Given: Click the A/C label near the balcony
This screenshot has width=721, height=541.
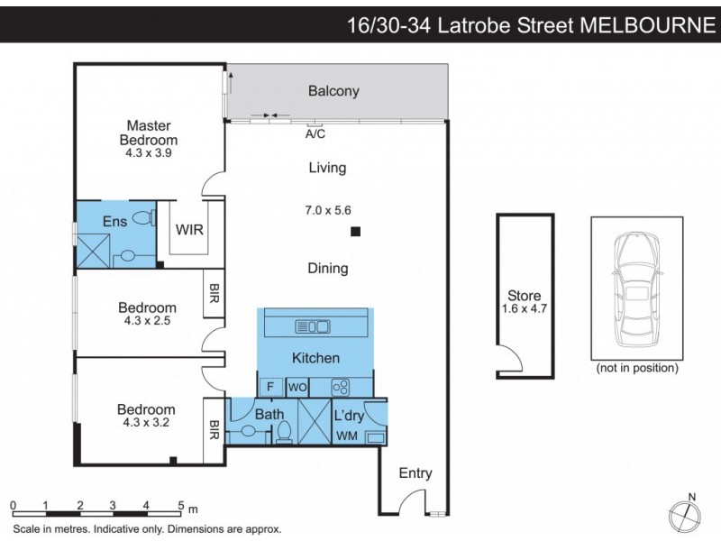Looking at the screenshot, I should pos(315,134).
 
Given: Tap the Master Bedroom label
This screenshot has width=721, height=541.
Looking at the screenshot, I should pos(149,133).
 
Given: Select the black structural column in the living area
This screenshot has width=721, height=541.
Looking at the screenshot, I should pos(356,233).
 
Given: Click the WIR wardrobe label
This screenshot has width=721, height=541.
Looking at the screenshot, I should pos(190,230).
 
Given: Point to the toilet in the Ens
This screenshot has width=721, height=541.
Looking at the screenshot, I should pos(142,216).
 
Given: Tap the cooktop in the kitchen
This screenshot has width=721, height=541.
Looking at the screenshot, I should pos(341,387).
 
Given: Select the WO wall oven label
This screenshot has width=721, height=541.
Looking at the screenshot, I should pos(298,387).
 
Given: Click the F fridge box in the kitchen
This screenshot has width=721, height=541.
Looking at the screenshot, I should pos(269,387).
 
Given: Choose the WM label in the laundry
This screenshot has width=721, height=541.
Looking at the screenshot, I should pos(346,437).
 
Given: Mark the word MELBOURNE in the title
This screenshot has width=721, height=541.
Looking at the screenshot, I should pos(646,24).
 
